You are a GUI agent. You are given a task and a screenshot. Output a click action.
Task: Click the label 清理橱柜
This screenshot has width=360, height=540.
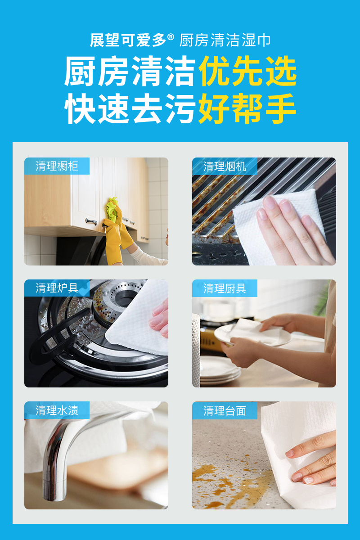[57, 166]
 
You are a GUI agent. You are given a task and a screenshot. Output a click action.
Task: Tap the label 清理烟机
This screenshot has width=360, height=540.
[225, 166]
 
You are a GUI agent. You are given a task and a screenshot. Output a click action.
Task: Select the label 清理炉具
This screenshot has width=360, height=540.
[57, 288]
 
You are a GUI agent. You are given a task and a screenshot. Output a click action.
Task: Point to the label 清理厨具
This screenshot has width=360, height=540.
[225, 288]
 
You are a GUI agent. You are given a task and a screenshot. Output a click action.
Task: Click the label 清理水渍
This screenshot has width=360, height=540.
[57, 410]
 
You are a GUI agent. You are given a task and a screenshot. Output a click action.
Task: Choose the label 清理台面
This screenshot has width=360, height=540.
[225, 410]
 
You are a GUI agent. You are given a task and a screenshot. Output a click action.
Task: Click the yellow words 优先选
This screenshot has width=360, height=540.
[247, 71]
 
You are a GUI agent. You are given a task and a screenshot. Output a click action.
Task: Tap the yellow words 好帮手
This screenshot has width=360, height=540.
[247, 108]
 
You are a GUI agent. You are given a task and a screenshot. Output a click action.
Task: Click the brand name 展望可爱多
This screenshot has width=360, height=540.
[128, 40]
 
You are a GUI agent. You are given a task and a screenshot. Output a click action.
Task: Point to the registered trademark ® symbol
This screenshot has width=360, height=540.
[171, 37]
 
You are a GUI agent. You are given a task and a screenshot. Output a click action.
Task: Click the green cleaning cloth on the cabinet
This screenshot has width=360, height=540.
[112, 208]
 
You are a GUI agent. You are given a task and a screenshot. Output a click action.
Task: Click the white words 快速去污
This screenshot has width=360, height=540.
[130, 108]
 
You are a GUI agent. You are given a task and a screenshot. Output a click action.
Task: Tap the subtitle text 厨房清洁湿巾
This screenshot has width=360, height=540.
[225, 40]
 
